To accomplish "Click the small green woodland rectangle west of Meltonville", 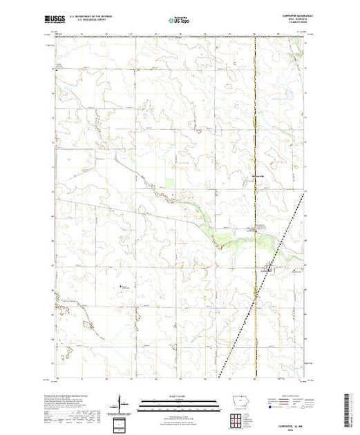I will pos(171,183).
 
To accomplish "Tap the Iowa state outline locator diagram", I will pos(238,403).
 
